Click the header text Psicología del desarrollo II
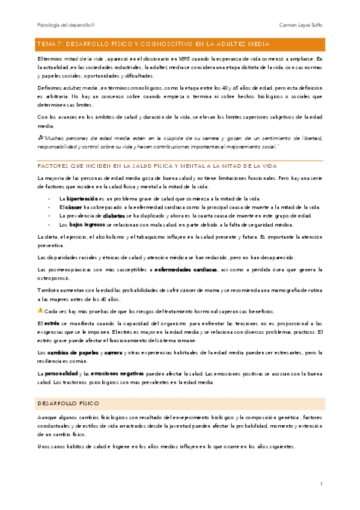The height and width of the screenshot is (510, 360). tap(61, 25)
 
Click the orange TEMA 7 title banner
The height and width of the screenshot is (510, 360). tap(180, 44)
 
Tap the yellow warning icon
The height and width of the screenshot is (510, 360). tap(40, 310)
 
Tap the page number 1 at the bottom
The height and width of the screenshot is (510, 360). tap(322, 483)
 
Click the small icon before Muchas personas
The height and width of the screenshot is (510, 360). tap(40, 138)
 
